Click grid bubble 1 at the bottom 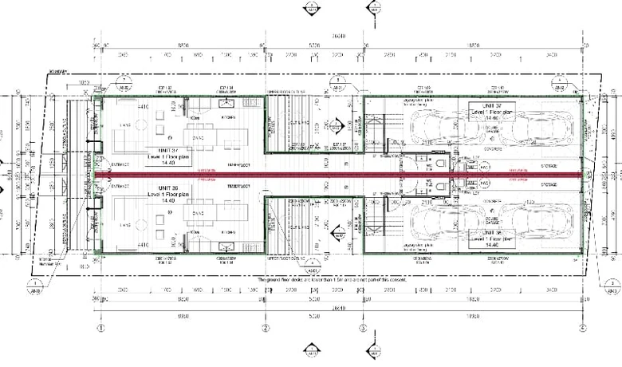pos(101,328)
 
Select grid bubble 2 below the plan pos(266,328)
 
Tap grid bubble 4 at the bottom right pos(583,328)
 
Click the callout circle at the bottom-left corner pos(34,285)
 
